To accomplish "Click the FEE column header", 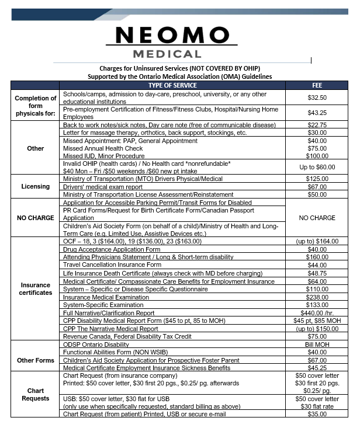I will coord(317,85).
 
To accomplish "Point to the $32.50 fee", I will coord(317,98).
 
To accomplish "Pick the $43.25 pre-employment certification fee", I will coord(317,113).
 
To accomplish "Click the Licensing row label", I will coord(36,186).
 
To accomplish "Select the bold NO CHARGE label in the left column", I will coord(36,218).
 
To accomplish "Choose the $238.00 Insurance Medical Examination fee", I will coord(317,297).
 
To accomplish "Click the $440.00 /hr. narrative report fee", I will coord(317,313).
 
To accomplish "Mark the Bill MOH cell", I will coord(317,344).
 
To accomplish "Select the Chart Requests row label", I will coord(36,395).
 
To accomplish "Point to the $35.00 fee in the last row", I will coord(317,414).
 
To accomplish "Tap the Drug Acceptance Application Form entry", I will coord(111,249).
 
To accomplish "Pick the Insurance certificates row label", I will coord(36,288).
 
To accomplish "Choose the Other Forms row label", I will coord(36,360).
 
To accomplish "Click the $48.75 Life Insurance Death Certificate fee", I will coord(317,273).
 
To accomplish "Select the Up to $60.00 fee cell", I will coord(317,166).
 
